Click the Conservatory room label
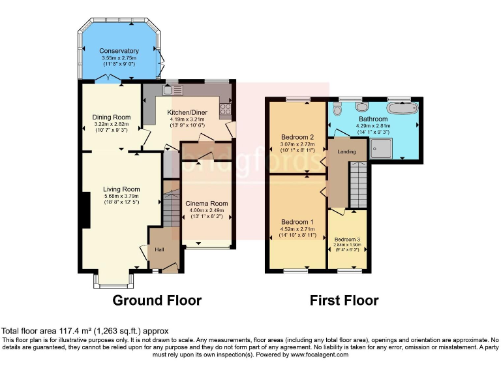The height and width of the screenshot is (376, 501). (119, 51)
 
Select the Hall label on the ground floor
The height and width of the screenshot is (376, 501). (159, 249)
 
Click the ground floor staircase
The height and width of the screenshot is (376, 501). (171, 209)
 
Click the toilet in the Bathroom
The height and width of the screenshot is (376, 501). (337, 109)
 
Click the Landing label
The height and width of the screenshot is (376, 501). (346, 151)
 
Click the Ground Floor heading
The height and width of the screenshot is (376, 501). (157, 300)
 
